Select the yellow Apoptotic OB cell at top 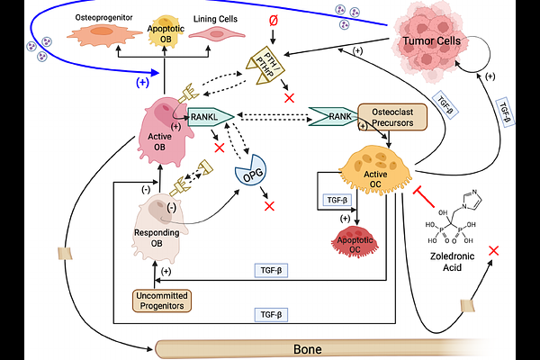tap(160, 34)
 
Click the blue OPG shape tap(254, 169)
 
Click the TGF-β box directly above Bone tap(271, 314)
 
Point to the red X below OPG tap(269, 207)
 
